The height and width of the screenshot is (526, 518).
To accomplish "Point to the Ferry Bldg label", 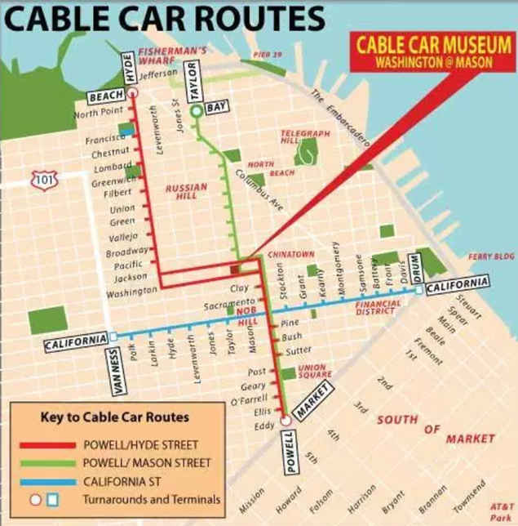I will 492,256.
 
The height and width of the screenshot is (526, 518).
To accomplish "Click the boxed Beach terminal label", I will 106,96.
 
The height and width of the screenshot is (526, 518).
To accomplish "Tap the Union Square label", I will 312,372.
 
